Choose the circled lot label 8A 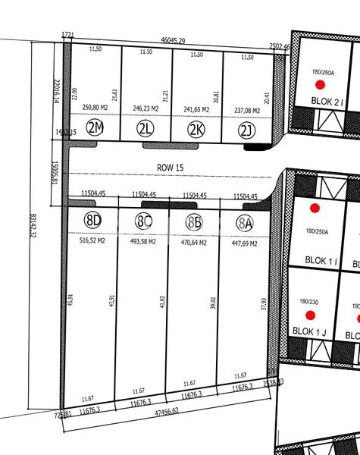[244, 223]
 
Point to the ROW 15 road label [170, 167]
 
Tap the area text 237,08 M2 [246, 110]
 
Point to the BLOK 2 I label [327, 101]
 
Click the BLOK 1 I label [321, 261]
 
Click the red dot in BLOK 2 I [321, 85]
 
